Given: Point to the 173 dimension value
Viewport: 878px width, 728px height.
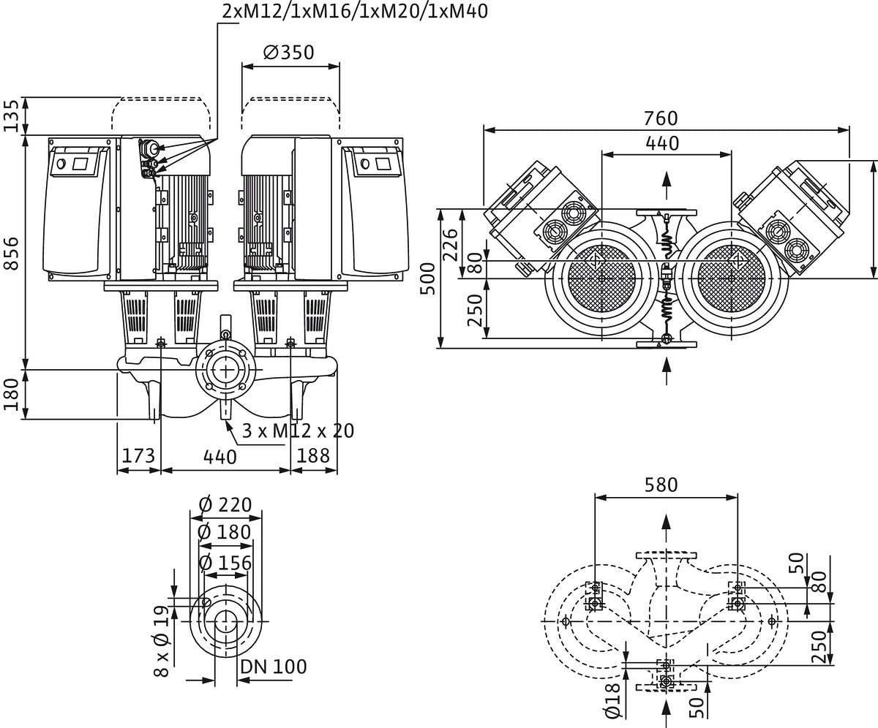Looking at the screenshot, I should [138, 456].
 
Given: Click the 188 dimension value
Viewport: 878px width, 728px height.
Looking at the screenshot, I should [313, 456].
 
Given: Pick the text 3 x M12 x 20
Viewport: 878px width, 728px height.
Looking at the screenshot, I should [298, 431].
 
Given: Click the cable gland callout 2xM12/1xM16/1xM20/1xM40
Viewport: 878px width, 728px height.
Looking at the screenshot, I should [354, 11].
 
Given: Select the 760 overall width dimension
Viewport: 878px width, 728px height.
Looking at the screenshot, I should [661, 118].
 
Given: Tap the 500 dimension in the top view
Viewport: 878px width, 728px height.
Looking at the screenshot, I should [428, 278].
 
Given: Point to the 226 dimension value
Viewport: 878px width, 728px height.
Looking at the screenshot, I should [451, 244].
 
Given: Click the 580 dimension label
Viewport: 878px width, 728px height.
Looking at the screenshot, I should [661, 485].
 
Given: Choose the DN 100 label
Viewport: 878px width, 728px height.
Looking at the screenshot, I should [273, 667].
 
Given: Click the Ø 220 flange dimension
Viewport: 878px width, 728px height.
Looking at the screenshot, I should [225, 505].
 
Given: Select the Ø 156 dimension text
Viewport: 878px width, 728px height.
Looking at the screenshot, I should [225, 564].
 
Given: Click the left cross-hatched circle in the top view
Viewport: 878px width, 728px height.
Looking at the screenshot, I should [601, 278].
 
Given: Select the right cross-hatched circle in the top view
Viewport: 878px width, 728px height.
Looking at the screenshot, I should [731, 278].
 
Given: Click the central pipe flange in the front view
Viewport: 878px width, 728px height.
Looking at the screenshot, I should [225, 370].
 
